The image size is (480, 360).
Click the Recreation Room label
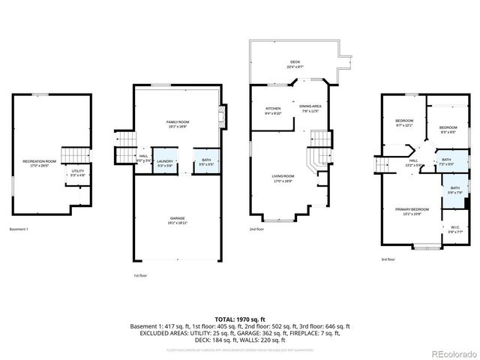[39, 163]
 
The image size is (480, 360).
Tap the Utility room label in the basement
[78, 172]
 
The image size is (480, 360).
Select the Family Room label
[177, 123]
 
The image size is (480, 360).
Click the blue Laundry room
[165, 163]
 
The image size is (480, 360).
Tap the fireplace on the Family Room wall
[220, 116]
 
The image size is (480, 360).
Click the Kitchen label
[273, 111]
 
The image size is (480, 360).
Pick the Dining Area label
[310, 109]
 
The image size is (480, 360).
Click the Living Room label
[283, 178]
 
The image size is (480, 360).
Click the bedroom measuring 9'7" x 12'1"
[404, 123]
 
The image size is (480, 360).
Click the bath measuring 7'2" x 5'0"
[445, 161]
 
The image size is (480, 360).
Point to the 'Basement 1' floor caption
[19, 229]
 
